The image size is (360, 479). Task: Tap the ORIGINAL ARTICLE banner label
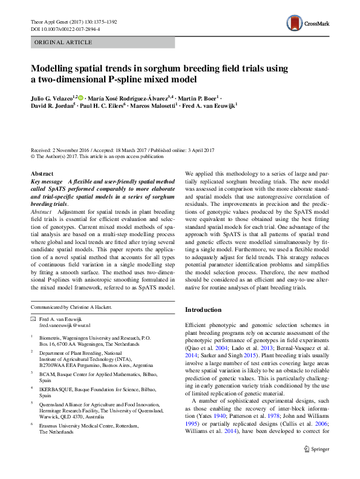click(x=64, y=42)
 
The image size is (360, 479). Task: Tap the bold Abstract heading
click(x=42, y=173)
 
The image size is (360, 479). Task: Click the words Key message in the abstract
click(x=47, y=181)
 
